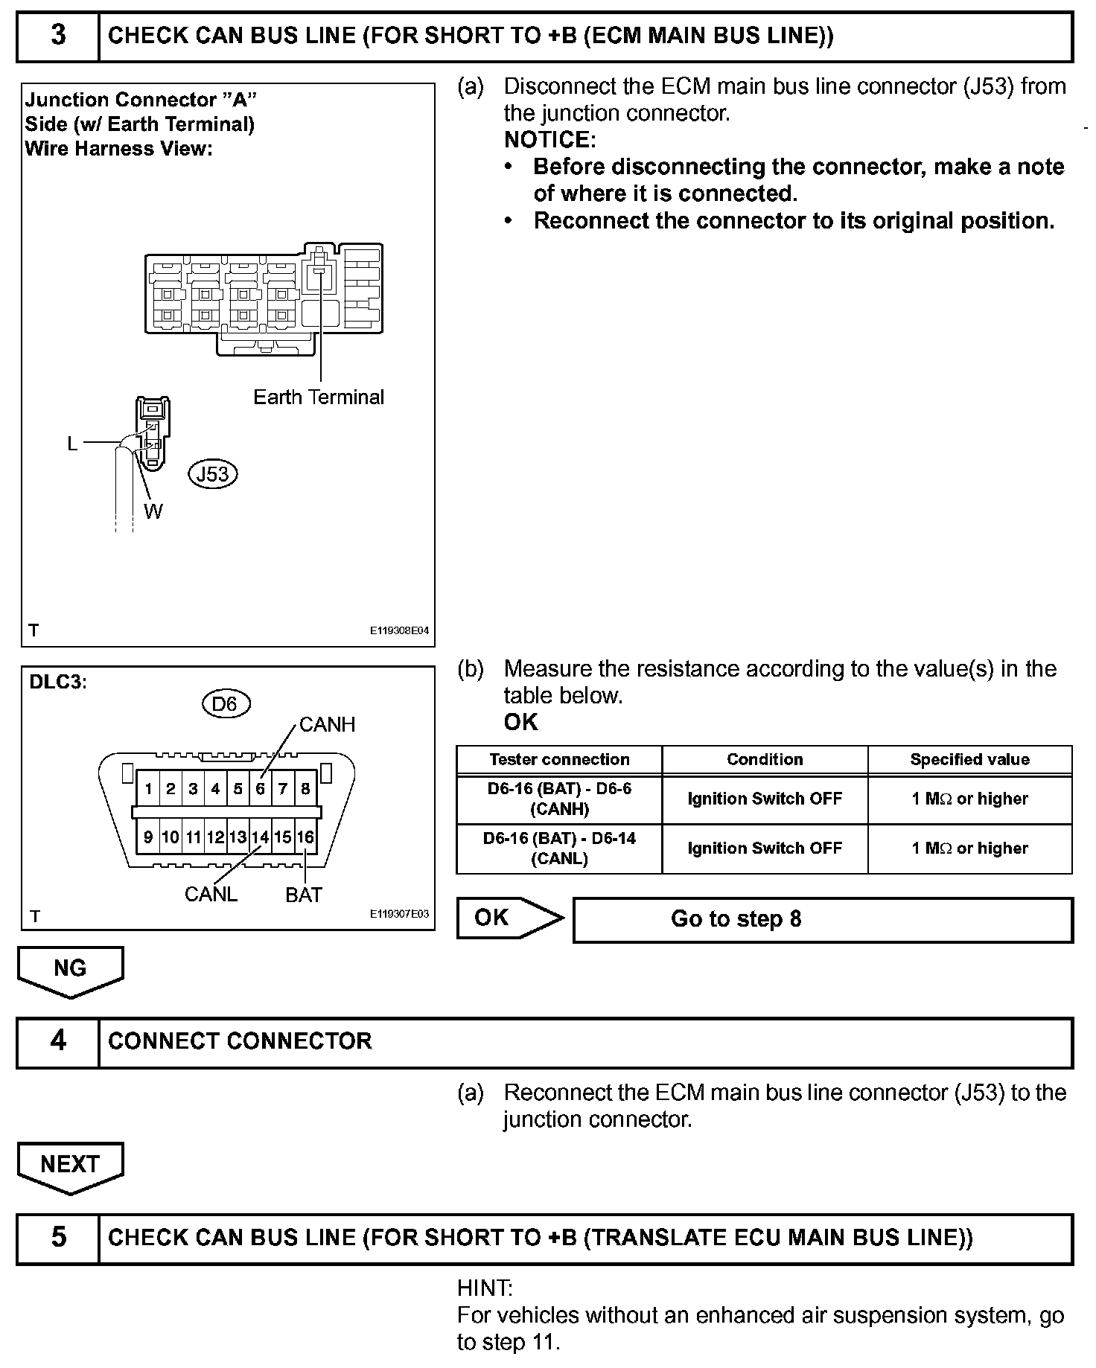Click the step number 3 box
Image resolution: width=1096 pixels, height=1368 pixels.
pos(58,36)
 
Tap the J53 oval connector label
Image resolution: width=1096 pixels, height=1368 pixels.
pos(213,474)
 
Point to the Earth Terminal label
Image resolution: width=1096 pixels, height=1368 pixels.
pos(319,397)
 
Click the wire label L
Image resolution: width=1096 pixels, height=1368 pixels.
pos(72,444)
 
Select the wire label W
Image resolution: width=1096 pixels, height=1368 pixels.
pos(153,511)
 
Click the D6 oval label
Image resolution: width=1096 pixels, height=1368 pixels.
pos(226,703)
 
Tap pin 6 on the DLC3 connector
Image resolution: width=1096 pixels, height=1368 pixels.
pos(260,789)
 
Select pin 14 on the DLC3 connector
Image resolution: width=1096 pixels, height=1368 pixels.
pos(260,837)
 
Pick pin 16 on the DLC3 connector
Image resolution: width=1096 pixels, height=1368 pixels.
pos(305,837)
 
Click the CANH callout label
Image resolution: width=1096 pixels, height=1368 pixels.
pos(327,724)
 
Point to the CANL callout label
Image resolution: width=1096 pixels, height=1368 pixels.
pos(211,894)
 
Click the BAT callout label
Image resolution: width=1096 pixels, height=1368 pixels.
pos(304,895)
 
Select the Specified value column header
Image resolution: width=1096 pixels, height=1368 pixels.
pos(969,760)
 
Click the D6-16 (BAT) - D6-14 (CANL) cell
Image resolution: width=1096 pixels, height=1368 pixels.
pos(559,848)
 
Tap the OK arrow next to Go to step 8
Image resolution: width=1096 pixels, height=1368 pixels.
pos(509,918)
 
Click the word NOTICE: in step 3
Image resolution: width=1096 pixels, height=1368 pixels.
pos(550,140)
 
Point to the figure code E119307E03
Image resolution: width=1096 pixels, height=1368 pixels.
pos(400,915)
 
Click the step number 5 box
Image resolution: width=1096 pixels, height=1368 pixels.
pos(58,1237)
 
